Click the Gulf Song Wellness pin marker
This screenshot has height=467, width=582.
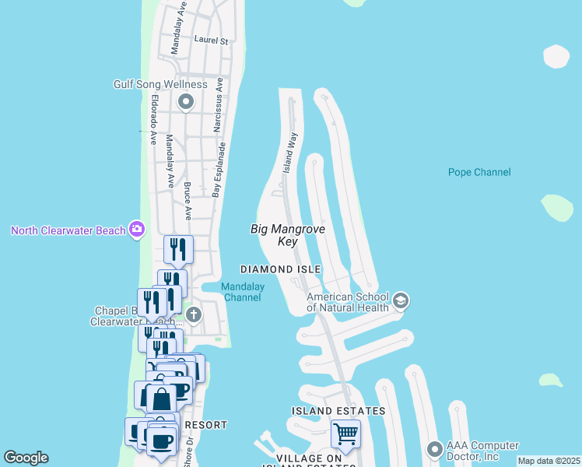click(x=186, y=101)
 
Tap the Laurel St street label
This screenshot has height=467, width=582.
click(x=211, y=40)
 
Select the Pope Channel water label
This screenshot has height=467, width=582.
click(x=479, y=172)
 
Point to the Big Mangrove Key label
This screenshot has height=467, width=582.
click(x=287, y=235)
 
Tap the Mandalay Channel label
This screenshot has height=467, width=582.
click(x=243, y=292)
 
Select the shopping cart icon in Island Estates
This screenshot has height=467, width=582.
click(x=345, y=432)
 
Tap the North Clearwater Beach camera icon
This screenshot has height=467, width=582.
click(x=137, y=229)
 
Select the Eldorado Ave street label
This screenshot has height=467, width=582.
click(x=154, y=119)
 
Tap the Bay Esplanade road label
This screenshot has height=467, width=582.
click(x=219, y=169)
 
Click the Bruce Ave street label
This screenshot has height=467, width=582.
click(x=188, y=201)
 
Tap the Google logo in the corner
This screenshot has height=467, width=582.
click(x=26, y=458)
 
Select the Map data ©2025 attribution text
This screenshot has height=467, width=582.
click(x=549, y=461)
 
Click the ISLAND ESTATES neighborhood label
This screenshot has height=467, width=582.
click(x=338, y=410)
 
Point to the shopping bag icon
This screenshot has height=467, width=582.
click(x=162, y=399)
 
